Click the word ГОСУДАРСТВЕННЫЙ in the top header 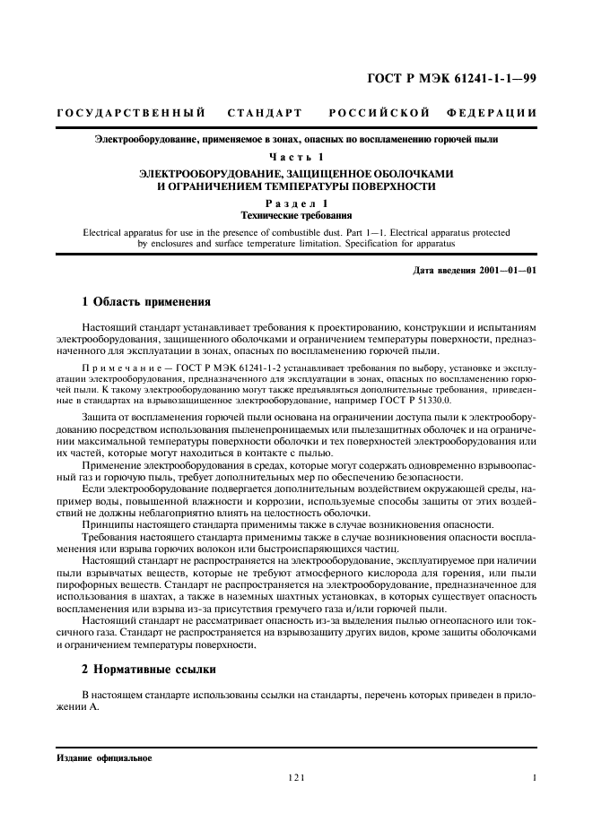pyautogui.click(x=131, y=114)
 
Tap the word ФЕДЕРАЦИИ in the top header pyautogui.click(x=492, y=114)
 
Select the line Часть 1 pyautogui.click(x=296, y=158)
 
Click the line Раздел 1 pyautogui.click(x=296, y=205)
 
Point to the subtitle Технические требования pyautogui.click(x=296, y=216)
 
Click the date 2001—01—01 pyautogui.click(x=509, y=271)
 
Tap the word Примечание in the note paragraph pyautogui.click(x=117, y=368)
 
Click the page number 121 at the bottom pyautogui.click(x=296, y=779)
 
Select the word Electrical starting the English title pyautogui.click(x=106, y=232)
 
